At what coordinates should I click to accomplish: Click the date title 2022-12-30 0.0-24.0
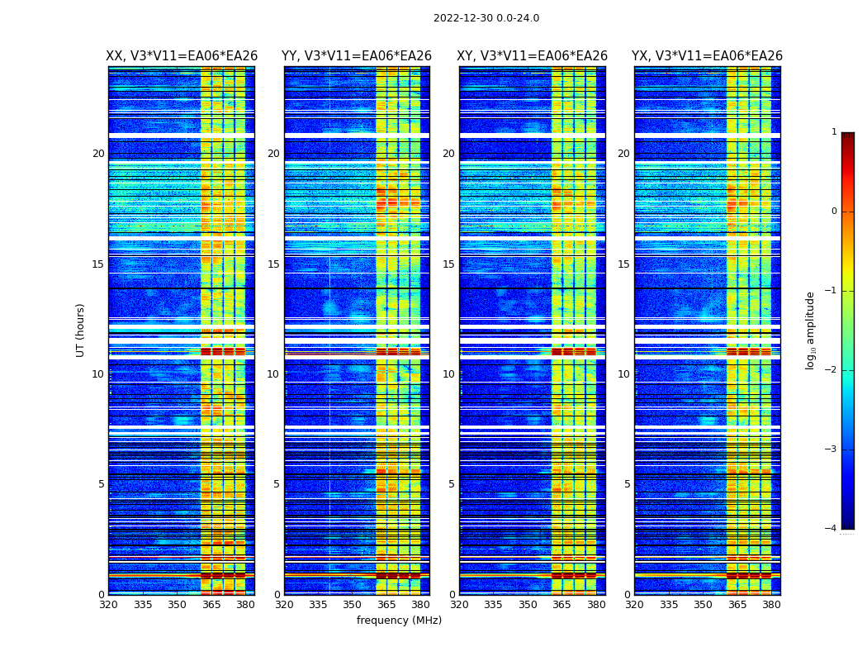(x=486, y=18)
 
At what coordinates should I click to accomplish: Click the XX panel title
(x=182, y=56)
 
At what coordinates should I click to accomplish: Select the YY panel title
(x=357, y=56)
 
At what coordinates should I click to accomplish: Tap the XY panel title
(x=533, y=56)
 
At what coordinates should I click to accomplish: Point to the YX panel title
(x=708, y=56)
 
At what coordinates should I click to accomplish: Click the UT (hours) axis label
(x=81, y=330)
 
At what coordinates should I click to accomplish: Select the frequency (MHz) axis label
(x=399, y=621)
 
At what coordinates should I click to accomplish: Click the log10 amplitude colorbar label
(x=811, y=330)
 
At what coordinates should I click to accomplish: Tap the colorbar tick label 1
(x=834, y=132)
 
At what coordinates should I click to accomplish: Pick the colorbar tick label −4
(x=831, y=529)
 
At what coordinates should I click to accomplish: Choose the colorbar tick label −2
(x=831, y=370)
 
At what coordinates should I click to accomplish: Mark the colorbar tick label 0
(x=834, y=212)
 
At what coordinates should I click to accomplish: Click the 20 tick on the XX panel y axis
(x=98, y=154)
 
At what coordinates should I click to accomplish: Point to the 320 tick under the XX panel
(x=108, y=605)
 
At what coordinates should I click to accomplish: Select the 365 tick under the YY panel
(x=386, y=605)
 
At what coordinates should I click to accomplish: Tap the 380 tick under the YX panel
(x=771, y=605)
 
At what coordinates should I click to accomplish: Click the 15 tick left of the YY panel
(x=273, y=264)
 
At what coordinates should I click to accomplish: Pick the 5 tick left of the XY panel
(x=452, y=484)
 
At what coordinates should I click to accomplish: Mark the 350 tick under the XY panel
(x=528, y=605)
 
